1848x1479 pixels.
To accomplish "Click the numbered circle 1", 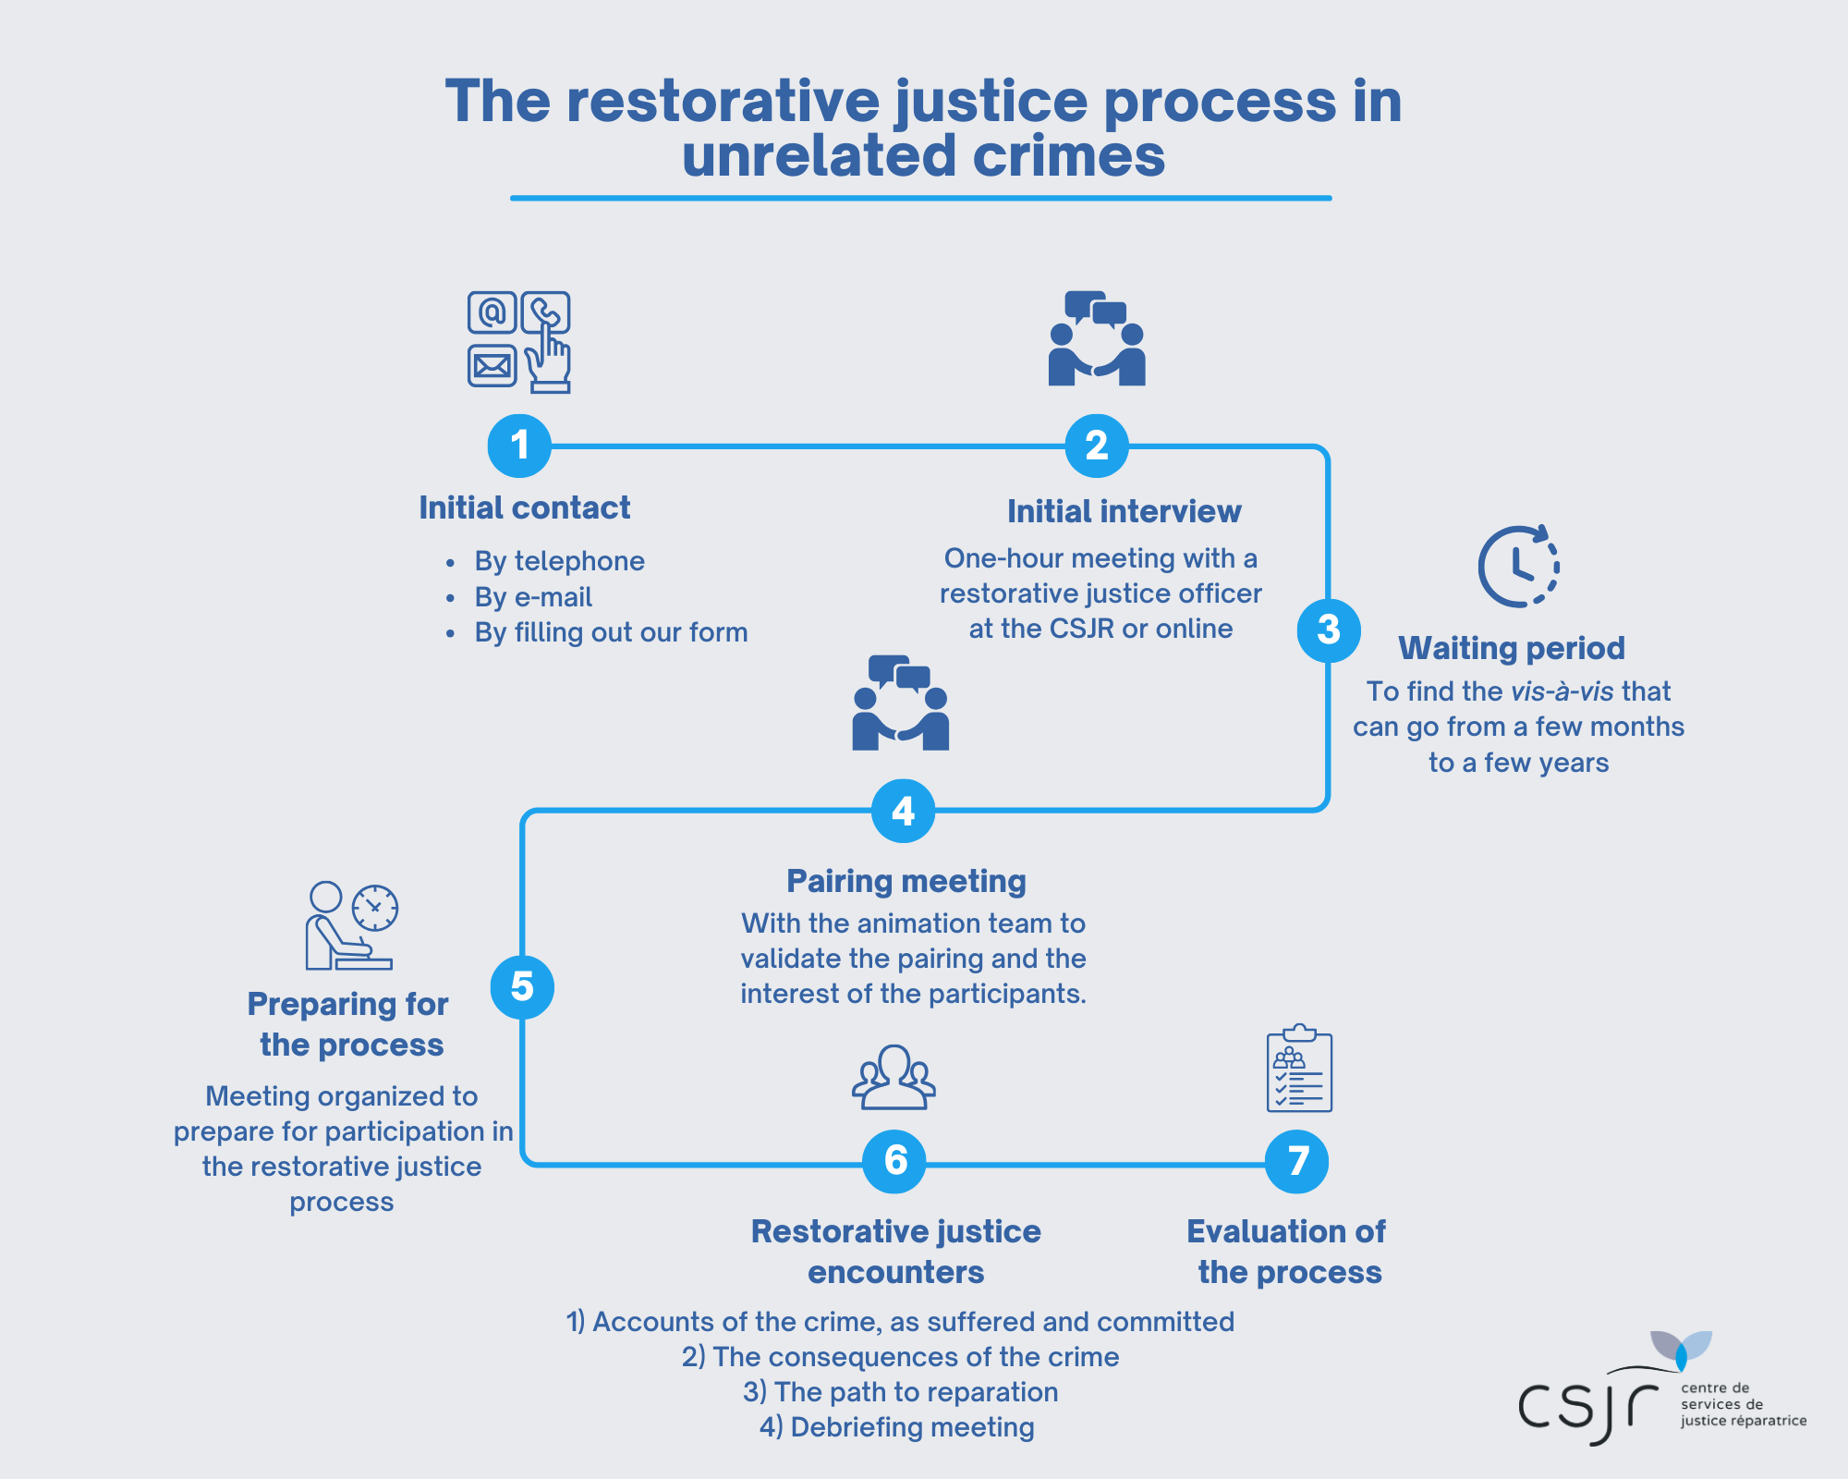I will (519, 446).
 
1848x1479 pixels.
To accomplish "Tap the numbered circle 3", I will (1328, 630).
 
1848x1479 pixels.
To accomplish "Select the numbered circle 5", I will (522, 987).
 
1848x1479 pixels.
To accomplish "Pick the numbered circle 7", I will (1296, 1161).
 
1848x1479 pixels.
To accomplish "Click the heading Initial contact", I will (524, 508).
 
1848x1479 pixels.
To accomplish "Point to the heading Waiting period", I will (1511, 648).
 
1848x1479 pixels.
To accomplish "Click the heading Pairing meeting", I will (906, 881).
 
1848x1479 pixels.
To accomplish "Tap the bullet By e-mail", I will (533, 597).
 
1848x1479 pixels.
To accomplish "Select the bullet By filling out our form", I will (611, 632).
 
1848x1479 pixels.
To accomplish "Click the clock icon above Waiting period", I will (1518, 567).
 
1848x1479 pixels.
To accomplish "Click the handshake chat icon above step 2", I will (1097, 339).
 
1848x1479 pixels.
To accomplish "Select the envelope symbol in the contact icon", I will (492, 366).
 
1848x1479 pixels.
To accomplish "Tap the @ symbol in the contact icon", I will (492, 312).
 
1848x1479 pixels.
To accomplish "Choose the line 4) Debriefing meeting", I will (896, 1427).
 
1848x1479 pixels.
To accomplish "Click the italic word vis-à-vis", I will (1562, 691).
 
